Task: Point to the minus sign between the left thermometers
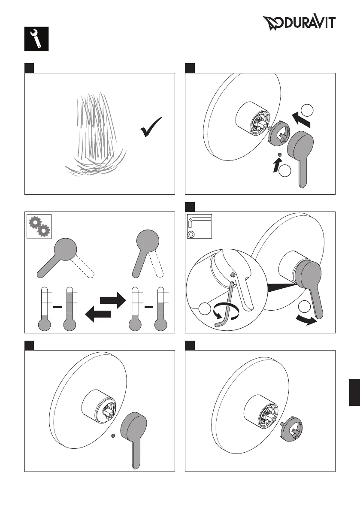(56, 307)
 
